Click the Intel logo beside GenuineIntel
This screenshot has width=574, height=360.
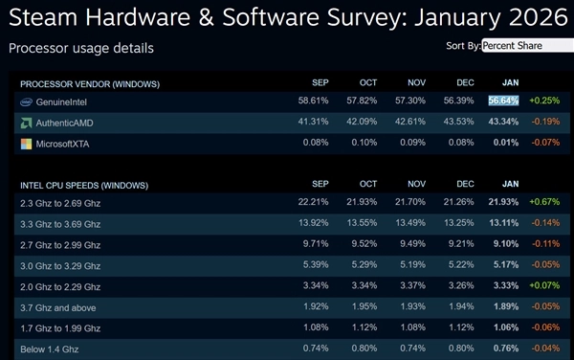click(x=27, y=101)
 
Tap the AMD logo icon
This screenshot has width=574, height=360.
click(x=27, y=123)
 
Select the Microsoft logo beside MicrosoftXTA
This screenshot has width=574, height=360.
click(x=27, y=144)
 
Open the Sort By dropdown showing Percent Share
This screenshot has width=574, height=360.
click(x=527, y=45)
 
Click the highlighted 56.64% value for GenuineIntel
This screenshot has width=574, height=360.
click(x=503, y=101)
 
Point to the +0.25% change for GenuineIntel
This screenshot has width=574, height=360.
click(x=544, y=101)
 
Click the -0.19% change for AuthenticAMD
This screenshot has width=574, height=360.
click(x=545, y=123)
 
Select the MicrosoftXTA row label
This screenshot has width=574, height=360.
click(x=65, y=144)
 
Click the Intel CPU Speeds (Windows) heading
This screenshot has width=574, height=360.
click(x=84, y=184)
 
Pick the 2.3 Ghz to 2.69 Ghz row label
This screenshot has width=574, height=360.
click(x=61, y=204)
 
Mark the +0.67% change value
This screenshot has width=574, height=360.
click(x=544, y=204)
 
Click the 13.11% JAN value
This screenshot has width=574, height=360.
click(x=503, y=224)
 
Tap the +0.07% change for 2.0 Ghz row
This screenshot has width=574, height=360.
click(x=544, y=286)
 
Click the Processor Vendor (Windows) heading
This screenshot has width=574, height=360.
click(x=90, y=83)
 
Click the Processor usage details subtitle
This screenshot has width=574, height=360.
click(x=80, y=48)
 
